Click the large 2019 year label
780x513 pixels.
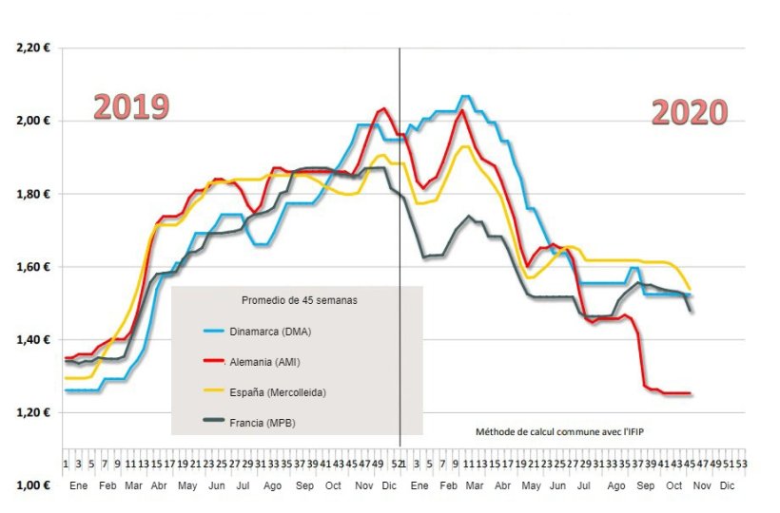tap(131, 106)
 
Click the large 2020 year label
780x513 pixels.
tap(690, 112)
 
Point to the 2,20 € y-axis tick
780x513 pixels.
tap(32, 47)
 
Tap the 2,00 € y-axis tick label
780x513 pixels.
tap(32, 121)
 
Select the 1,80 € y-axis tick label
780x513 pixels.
tap(32, 194)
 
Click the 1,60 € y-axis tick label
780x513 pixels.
tap(32, 267)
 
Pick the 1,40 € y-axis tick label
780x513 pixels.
tap(32, 339)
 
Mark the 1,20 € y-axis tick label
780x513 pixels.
tap(32, 412)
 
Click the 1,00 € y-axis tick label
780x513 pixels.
tap(32, 484)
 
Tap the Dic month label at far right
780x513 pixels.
tap(727, 484)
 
